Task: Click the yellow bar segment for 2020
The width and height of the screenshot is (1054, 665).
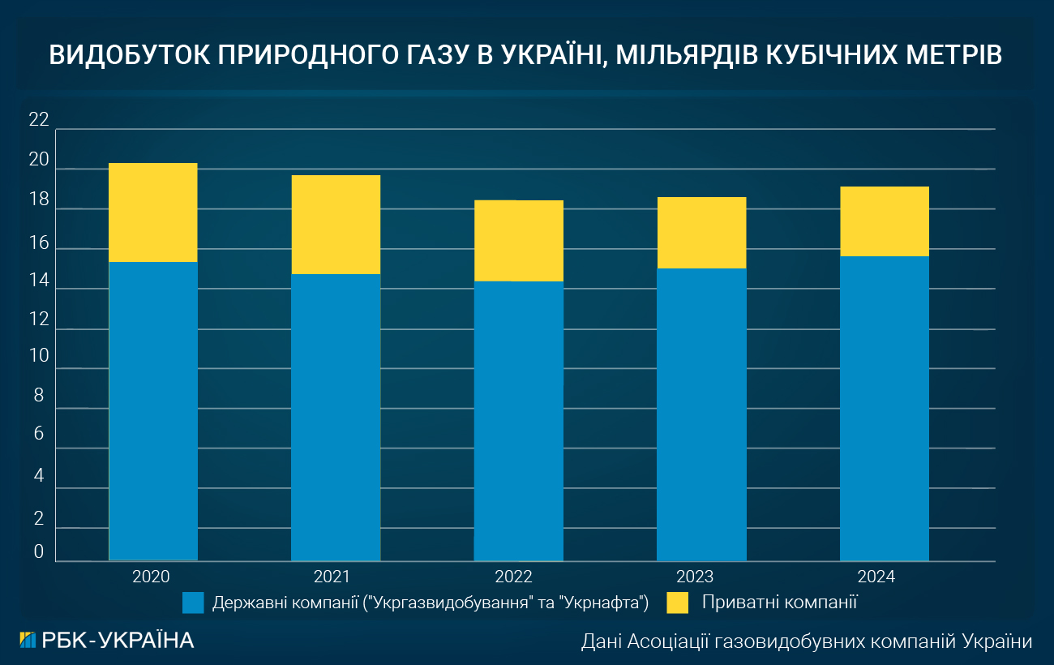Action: [153, 212]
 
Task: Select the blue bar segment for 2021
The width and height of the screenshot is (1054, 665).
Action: [336, 417]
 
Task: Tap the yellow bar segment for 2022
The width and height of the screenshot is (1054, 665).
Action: [518, 240]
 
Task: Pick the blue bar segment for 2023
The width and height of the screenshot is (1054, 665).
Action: [701, 414]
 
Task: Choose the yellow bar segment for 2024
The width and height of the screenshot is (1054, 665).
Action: [884, 221]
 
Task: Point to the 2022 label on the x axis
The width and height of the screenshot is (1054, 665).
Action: [514, 577]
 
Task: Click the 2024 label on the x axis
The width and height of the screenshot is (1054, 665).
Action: [876, 577]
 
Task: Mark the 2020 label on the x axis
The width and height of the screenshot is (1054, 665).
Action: [151, 577]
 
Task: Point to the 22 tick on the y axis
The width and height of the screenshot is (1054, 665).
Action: [39, 121]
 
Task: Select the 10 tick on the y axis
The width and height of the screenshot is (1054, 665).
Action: [39, 356]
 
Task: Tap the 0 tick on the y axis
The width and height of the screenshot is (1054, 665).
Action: [39, 553]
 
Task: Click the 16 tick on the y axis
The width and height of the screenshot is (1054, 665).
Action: [39, 242]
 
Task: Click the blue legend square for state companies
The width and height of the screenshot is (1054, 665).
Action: [193, 603]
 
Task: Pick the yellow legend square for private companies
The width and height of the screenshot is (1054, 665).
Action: [677, 603]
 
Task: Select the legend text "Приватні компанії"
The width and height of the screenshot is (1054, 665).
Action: [780, 603]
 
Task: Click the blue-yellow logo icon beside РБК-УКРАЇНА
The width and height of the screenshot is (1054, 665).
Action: [28, 640]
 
